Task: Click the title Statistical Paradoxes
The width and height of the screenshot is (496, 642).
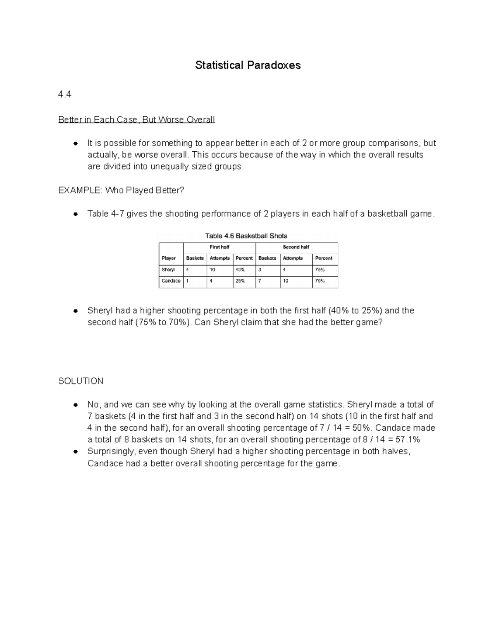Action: (248, 65)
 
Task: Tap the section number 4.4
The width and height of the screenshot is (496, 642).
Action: (65, 95)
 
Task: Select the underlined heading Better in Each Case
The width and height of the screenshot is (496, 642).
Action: (136, 120)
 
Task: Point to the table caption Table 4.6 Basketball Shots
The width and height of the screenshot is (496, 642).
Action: (246, 236)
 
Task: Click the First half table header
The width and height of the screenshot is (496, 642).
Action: (219, 247)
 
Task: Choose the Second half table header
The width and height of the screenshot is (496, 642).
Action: (296, 247)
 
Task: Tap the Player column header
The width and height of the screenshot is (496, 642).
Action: (169, 258)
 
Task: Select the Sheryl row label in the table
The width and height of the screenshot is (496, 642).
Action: (168, 270)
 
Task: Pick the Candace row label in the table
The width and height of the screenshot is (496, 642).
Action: (171, 281)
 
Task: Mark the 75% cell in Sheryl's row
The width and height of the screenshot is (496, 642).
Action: (320, 270)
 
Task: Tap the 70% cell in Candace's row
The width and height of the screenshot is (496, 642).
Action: (320, 281)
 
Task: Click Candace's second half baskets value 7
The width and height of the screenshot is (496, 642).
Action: (260, 281)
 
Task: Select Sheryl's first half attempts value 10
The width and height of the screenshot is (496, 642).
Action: (212, 270)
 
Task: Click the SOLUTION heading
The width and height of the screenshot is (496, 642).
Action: (81, 381)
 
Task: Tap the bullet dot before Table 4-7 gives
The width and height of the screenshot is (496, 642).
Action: (75, 214)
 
